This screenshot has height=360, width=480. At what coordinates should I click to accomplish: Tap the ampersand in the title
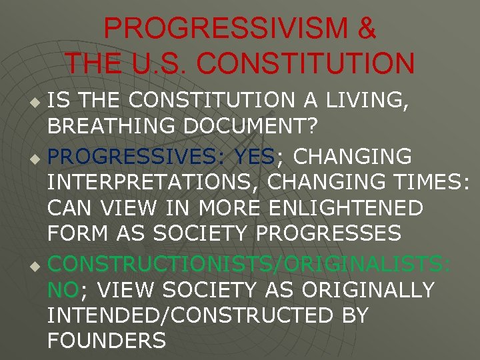pos(366,29)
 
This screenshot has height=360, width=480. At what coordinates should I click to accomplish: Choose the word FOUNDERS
pos(106,341)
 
